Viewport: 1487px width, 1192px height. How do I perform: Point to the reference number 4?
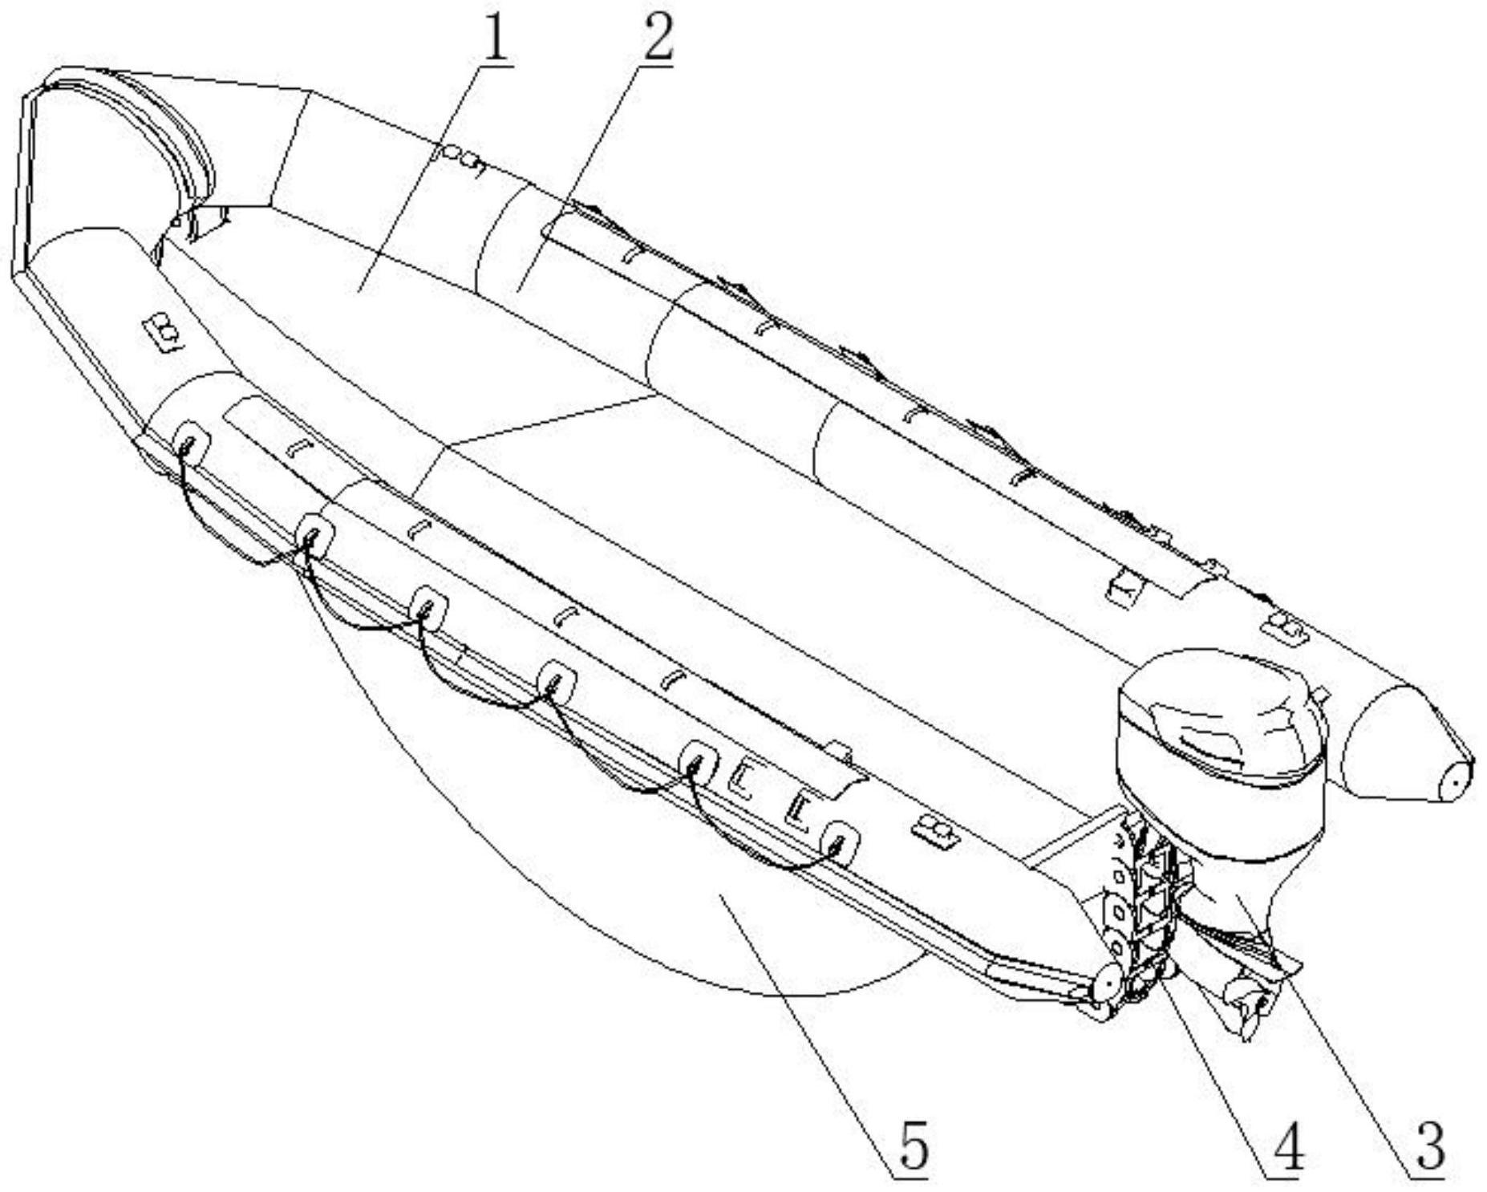click(x=1283, y=1148)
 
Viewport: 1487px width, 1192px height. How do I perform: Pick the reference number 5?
click(x=911, y=1147)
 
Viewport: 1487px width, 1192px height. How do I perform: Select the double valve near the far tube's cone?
click(x=1283, y=626)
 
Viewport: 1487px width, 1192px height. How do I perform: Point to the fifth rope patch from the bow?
click(x=699, y=761)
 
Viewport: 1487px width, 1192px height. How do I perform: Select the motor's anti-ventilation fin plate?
click(x=1239, y=951)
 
